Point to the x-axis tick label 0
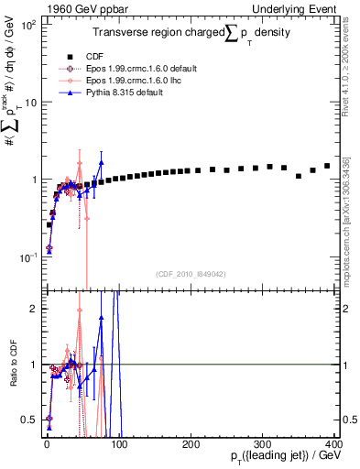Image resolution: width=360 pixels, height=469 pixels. pyautogui.click(x=46, y=443)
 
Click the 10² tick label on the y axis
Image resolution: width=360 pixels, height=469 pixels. pyautogui.click(x=29, y=25)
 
